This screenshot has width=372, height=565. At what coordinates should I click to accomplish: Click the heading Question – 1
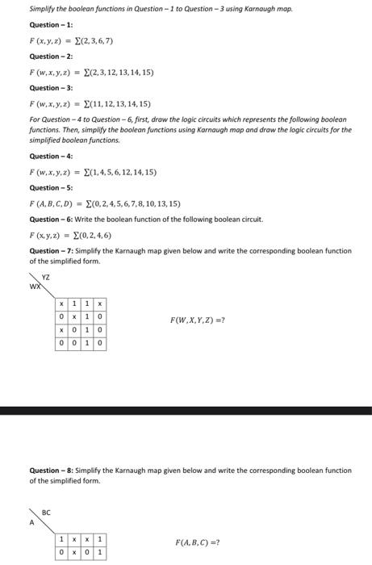coord(51,25)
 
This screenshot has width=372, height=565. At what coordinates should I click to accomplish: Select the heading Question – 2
coord(51,56)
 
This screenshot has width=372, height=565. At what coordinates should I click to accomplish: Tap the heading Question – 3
coord(51,88)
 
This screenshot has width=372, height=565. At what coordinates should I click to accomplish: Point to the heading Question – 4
coord(51,156)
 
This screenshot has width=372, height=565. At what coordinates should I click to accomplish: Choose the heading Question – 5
coord(51,187)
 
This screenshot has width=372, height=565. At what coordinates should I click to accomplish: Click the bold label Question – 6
coord(51,220)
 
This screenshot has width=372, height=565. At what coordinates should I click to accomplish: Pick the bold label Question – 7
coord(51,251)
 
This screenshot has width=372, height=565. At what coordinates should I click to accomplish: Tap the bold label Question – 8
coord(51,470)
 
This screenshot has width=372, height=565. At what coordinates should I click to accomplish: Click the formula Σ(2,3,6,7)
coord(93,40)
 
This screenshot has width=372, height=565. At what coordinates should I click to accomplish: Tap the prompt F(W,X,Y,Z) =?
coord(197,320)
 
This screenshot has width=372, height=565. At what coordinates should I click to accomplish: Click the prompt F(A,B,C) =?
coord(197,542)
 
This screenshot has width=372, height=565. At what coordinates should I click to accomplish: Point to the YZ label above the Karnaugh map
coord(46,276)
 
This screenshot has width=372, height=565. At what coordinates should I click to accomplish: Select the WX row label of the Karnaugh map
coord(36,287)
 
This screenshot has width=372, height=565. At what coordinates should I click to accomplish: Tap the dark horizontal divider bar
coord(186,411)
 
